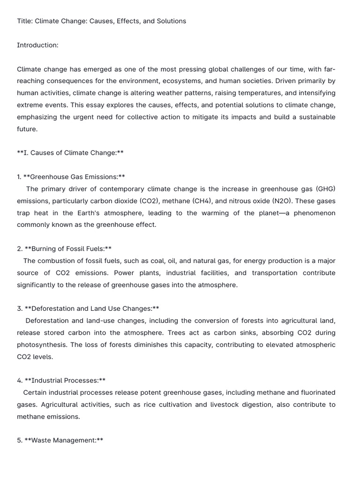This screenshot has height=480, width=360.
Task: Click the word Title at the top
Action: tap(24, 21)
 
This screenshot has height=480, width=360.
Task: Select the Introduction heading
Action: tap(37, 45)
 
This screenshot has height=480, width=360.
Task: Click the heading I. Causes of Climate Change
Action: tap(70, 153)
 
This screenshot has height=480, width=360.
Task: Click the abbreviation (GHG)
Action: tap(326, 189)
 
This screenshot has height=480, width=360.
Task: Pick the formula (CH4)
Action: tap(202, 201)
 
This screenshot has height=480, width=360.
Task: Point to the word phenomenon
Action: tap(315, 213)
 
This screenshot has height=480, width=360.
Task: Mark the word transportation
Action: tap(276, 273)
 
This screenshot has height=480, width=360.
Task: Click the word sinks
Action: tap(244, 333)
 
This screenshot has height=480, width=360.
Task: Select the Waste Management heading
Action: tap(63, 441)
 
